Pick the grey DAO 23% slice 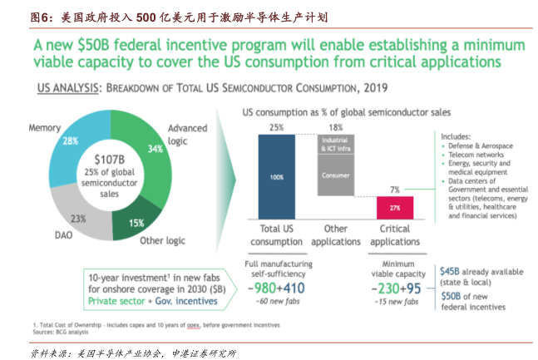click(79, 217)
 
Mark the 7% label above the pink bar click(394, 190)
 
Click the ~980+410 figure click(276, 288)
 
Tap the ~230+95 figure click(389, 288)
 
